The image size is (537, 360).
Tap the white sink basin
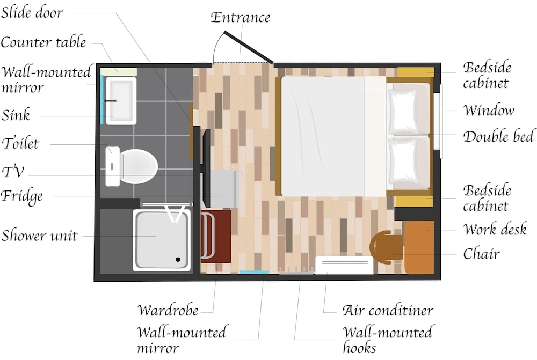(x=120, y=100)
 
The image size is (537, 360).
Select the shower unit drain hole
(x=178, y=260)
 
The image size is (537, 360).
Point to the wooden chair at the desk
(x=384, y=247)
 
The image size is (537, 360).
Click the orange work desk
(x=419, y=247)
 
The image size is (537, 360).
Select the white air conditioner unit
(x=344, y=266)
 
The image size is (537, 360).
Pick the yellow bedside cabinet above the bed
(x=415, y=72)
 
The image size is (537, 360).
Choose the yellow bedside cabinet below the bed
(x=414, y=201)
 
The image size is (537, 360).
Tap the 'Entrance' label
(x=240, y=17)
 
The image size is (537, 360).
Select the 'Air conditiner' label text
(x=388, y=310)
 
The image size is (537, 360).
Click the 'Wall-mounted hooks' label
(x=387, y=340)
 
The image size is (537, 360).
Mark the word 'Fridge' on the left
(x=22, y=195)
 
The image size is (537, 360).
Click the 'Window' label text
(x=489, y=111)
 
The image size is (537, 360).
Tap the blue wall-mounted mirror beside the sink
(x=102, y=100)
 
